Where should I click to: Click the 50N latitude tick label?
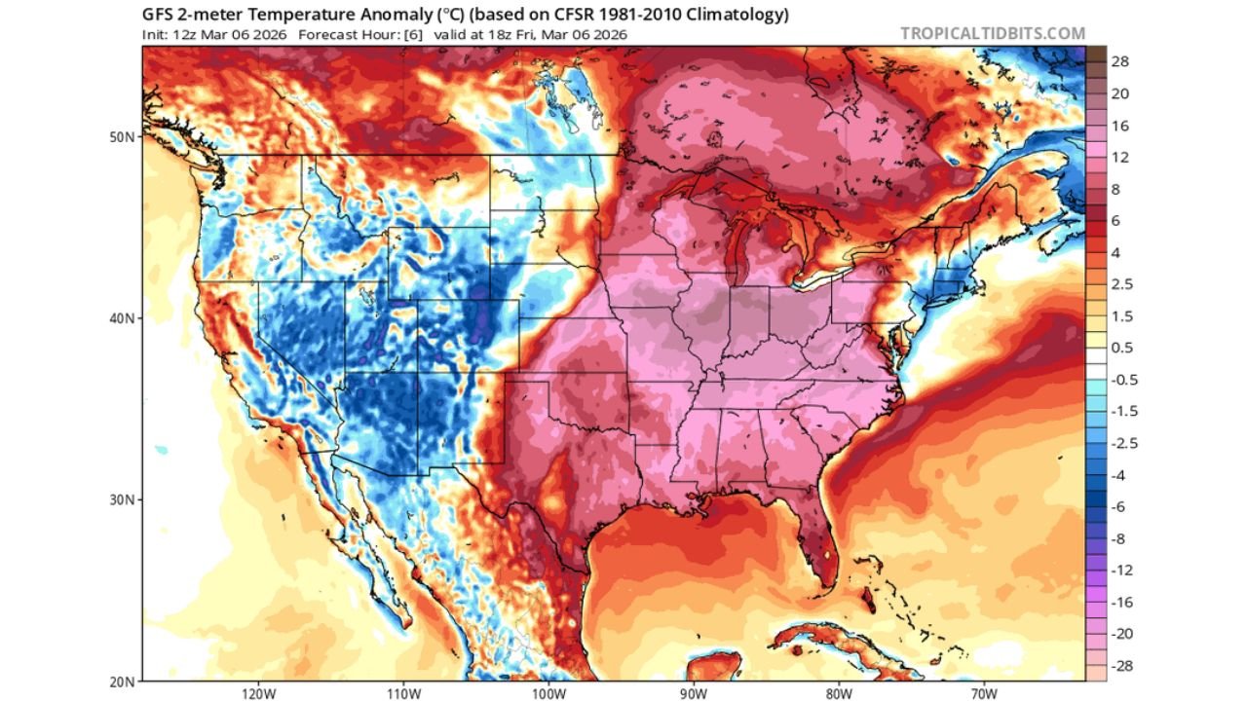click(122, 137)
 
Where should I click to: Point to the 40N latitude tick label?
click(122, 318)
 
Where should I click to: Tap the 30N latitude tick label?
click(122, 499)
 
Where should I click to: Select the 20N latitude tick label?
click(122, 681)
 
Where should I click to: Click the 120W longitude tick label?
click(258, 694)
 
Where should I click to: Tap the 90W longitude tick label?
click(694, 694)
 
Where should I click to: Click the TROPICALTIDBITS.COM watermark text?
click(992, 33)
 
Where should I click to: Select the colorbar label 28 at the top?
click(1119, 62)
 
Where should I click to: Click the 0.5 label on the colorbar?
click(1120, 348)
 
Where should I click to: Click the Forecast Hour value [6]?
click(412, 34)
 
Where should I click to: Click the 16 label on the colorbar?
click(1119, 126)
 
